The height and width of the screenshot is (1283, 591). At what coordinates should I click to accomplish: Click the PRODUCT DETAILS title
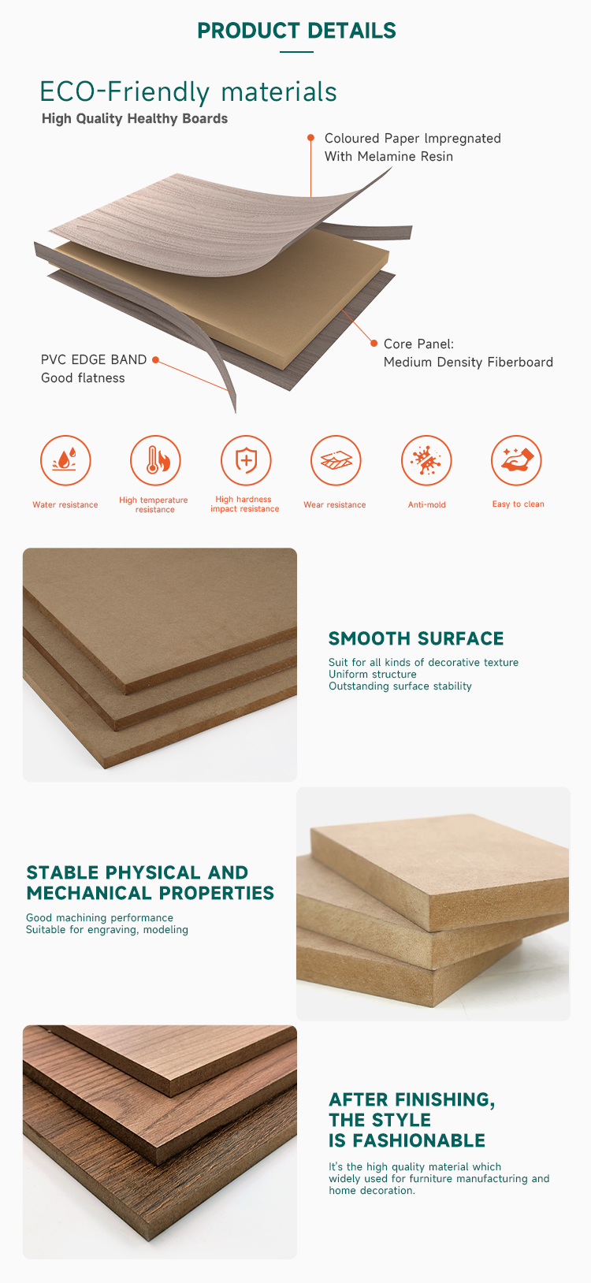tap(296, 31)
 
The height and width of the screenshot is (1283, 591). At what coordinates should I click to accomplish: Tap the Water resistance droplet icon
tap(65, 460)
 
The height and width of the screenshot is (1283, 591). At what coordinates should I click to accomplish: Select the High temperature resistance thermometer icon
tap(155, 460)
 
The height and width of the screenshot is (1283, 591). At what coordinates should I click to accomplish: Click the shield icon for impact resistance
tap(246, 460)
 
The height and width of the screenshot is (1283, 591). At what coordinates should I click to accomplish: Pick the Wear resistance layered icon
tap(336, 460)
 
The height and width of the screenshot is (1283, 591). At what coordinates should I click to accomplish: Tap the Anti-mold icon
tap(426, 460)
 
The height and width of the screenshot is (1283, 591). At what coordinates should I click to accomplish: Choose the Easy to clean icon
tap(516, 460)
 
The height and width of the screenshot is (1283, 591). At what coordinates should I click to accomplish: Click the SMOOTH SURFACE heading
tap(416, 638)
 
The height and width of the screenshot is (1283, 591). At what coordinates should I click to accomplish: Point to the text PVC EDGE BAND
tap(94, 359)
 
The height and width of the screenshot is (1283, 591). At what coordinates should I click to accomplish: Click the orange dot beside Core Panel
tap(374, 343)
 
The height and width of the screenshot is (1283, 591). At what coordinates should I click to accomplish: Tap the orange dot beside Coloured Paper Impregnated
tap(310, 137)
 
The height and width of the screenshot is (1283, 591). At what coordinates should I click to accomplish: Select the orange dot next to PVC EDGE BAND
tap(155, 359)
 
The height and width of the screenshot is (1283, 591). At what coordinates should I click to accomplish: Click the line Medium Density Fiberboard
tap(468, 362)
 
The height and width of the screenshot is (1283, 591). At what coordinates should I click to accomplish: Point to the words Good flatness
tap(83, 378)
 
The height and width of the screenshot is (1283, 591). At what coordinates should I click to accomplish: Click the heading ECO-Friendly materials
tap(188, 91)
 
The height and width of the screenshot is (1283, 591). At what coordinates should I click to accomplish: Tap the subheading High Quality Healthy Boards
tap(135, 118)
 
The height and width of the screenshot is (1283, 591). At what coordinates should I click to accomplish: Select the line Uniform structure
tap(372, 674)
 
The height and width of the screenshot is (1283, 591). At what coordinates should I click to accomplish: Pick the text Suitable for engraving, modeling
tap(107, 930)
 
